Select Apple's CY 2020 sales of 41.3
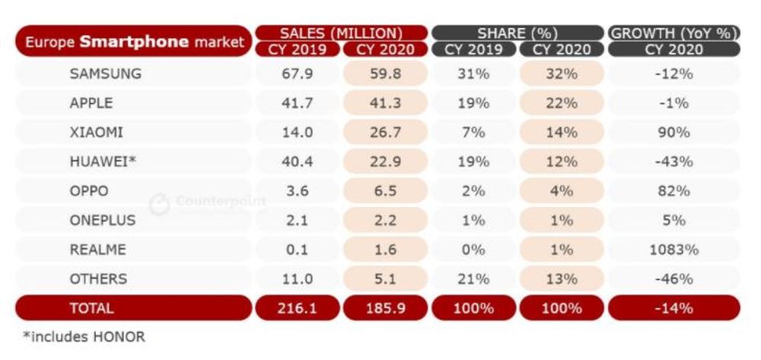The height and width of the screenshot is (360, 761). (384, 104)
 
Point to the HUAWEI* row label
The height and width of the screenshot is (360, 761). (102, 161)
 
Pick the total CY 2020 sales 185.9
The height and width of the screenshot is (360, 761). (384, 308)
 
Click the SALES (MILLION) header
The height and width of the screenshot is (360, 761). (340, 33)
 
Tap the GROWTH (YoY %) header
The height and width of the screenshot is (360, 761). (674, 33)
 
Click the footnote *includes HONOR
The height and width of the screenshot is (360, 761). (84, 336)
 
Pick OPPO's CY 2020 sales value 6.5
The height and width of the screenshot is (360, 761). (384, 191)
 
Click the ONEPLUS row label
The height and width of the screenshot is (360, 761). (102, 220)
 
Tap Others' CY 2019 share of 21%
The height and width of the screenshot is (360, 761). (473, 279)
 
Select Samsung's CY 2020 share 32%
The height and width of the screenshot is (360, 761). (562, 74)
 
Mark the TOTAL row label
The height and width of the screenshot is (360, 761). (91, 308)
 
